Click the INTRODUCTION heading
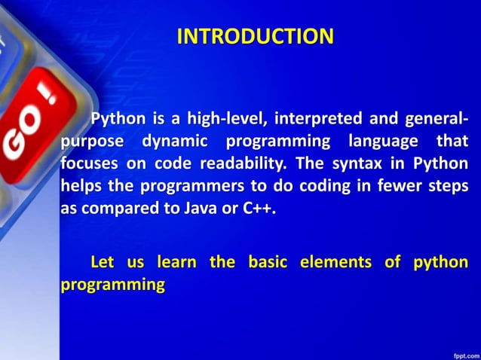[255, 36]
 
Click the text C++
[259, 209]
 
